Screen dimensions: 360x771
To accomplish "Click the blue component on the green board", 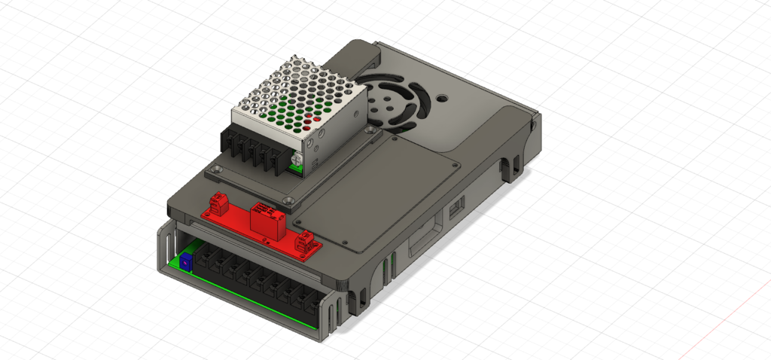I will (184, 261).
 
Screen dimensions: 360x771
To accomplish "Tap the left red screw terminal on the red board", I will (219, 203).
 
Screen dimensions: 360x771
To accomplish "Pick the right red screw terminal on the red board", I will (306, 241).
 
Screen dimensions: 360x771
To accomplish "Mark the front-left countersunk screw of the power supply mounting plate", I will (217, 172).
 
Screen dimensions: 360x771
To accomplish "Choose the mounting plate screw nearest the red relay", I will (287, 200).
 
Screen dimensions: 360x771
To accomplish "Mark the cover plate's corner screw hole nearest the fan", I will (395, 137).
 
